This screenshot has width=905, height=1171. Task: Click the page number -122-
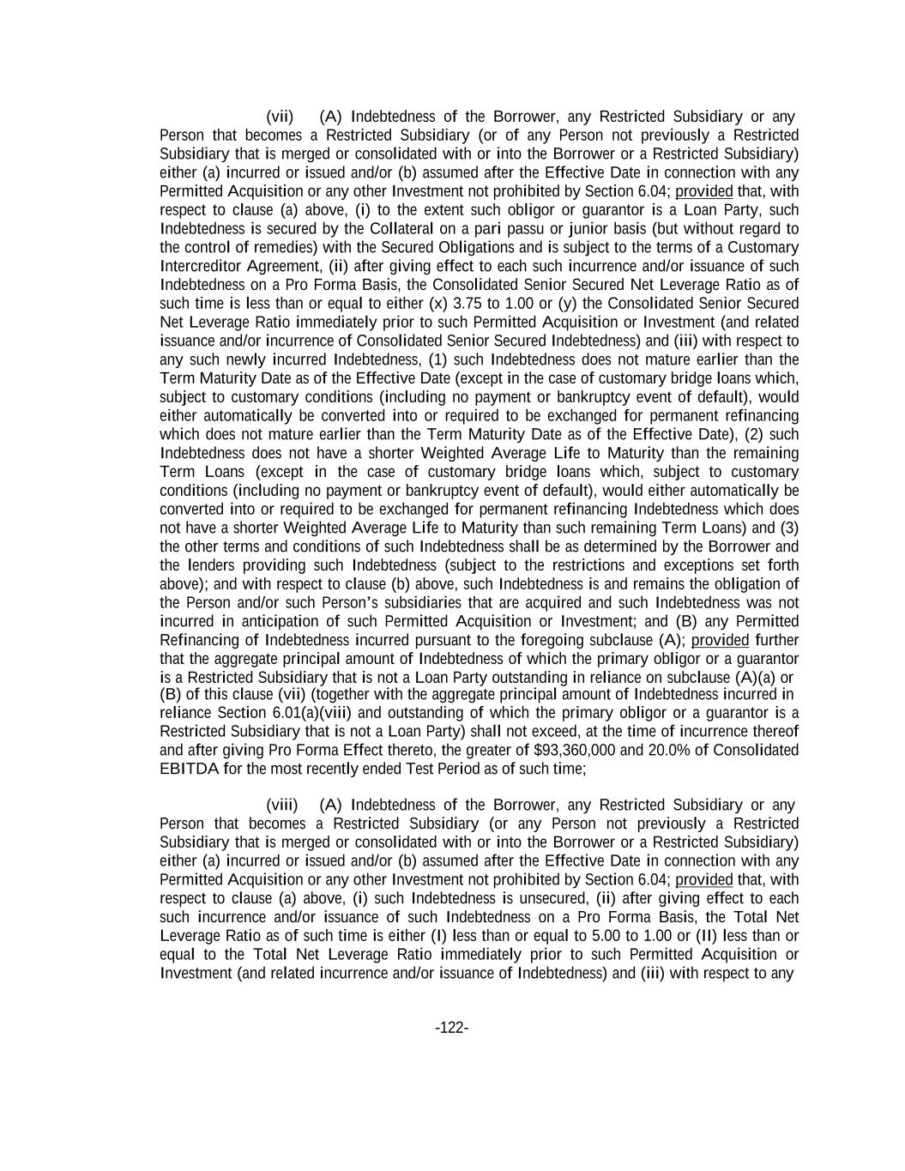pos(452,1028)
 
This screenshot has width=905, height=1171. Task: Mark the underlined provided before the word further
pos(720,640)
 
